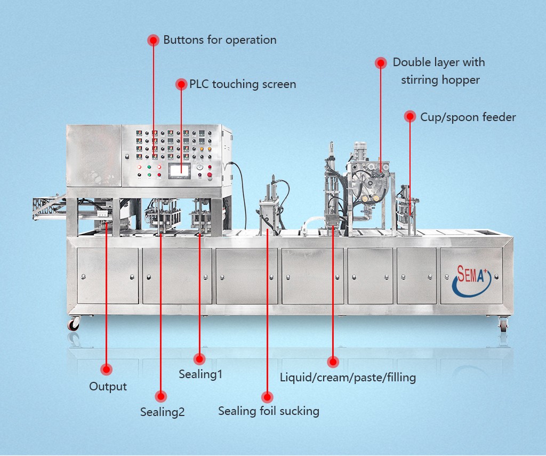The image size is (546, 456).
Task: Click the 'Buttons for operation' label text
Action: (220, 40)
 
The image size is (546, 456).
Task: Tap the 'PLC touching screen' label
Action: (243, 84)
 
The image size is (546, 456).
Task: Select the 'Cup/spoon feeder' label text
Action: (468, 117)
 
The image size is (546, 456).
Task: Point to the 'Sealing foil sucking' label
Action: (269, 411)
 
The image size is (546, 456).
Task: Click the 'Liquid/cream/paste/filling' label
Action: (348, 378)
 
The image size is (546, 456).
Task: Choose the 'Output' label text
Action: (108, 387)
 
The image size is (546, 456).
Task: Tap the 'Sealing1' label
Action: (200, 374)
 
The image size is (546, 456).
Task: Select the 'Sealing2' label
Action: (162, 412)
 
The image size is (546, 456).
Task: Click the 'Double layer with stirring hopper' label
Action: (439, 71)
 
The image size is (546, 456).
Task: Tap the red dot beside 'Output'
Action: (107, 369)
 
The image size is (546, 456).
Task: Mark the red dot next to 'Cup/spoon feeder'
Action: (409, 116)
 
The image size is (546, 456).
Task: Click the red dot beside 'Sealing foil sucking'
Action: (268, 397)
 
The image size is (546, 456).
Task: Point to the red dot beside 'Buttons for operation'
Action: (153, 40)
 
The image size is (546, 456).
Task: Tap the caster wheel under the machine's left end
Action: (73, 324)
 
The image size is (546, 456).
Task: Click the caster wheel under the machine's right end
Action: (503, 324)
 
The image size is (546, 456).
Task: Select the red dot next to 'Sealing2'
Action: (160, 396)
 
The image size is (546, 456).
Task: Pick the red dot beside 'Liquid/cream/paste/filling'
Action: (333, 362)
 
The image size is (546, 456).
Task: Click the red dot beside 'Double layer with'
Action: (381, 63)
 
